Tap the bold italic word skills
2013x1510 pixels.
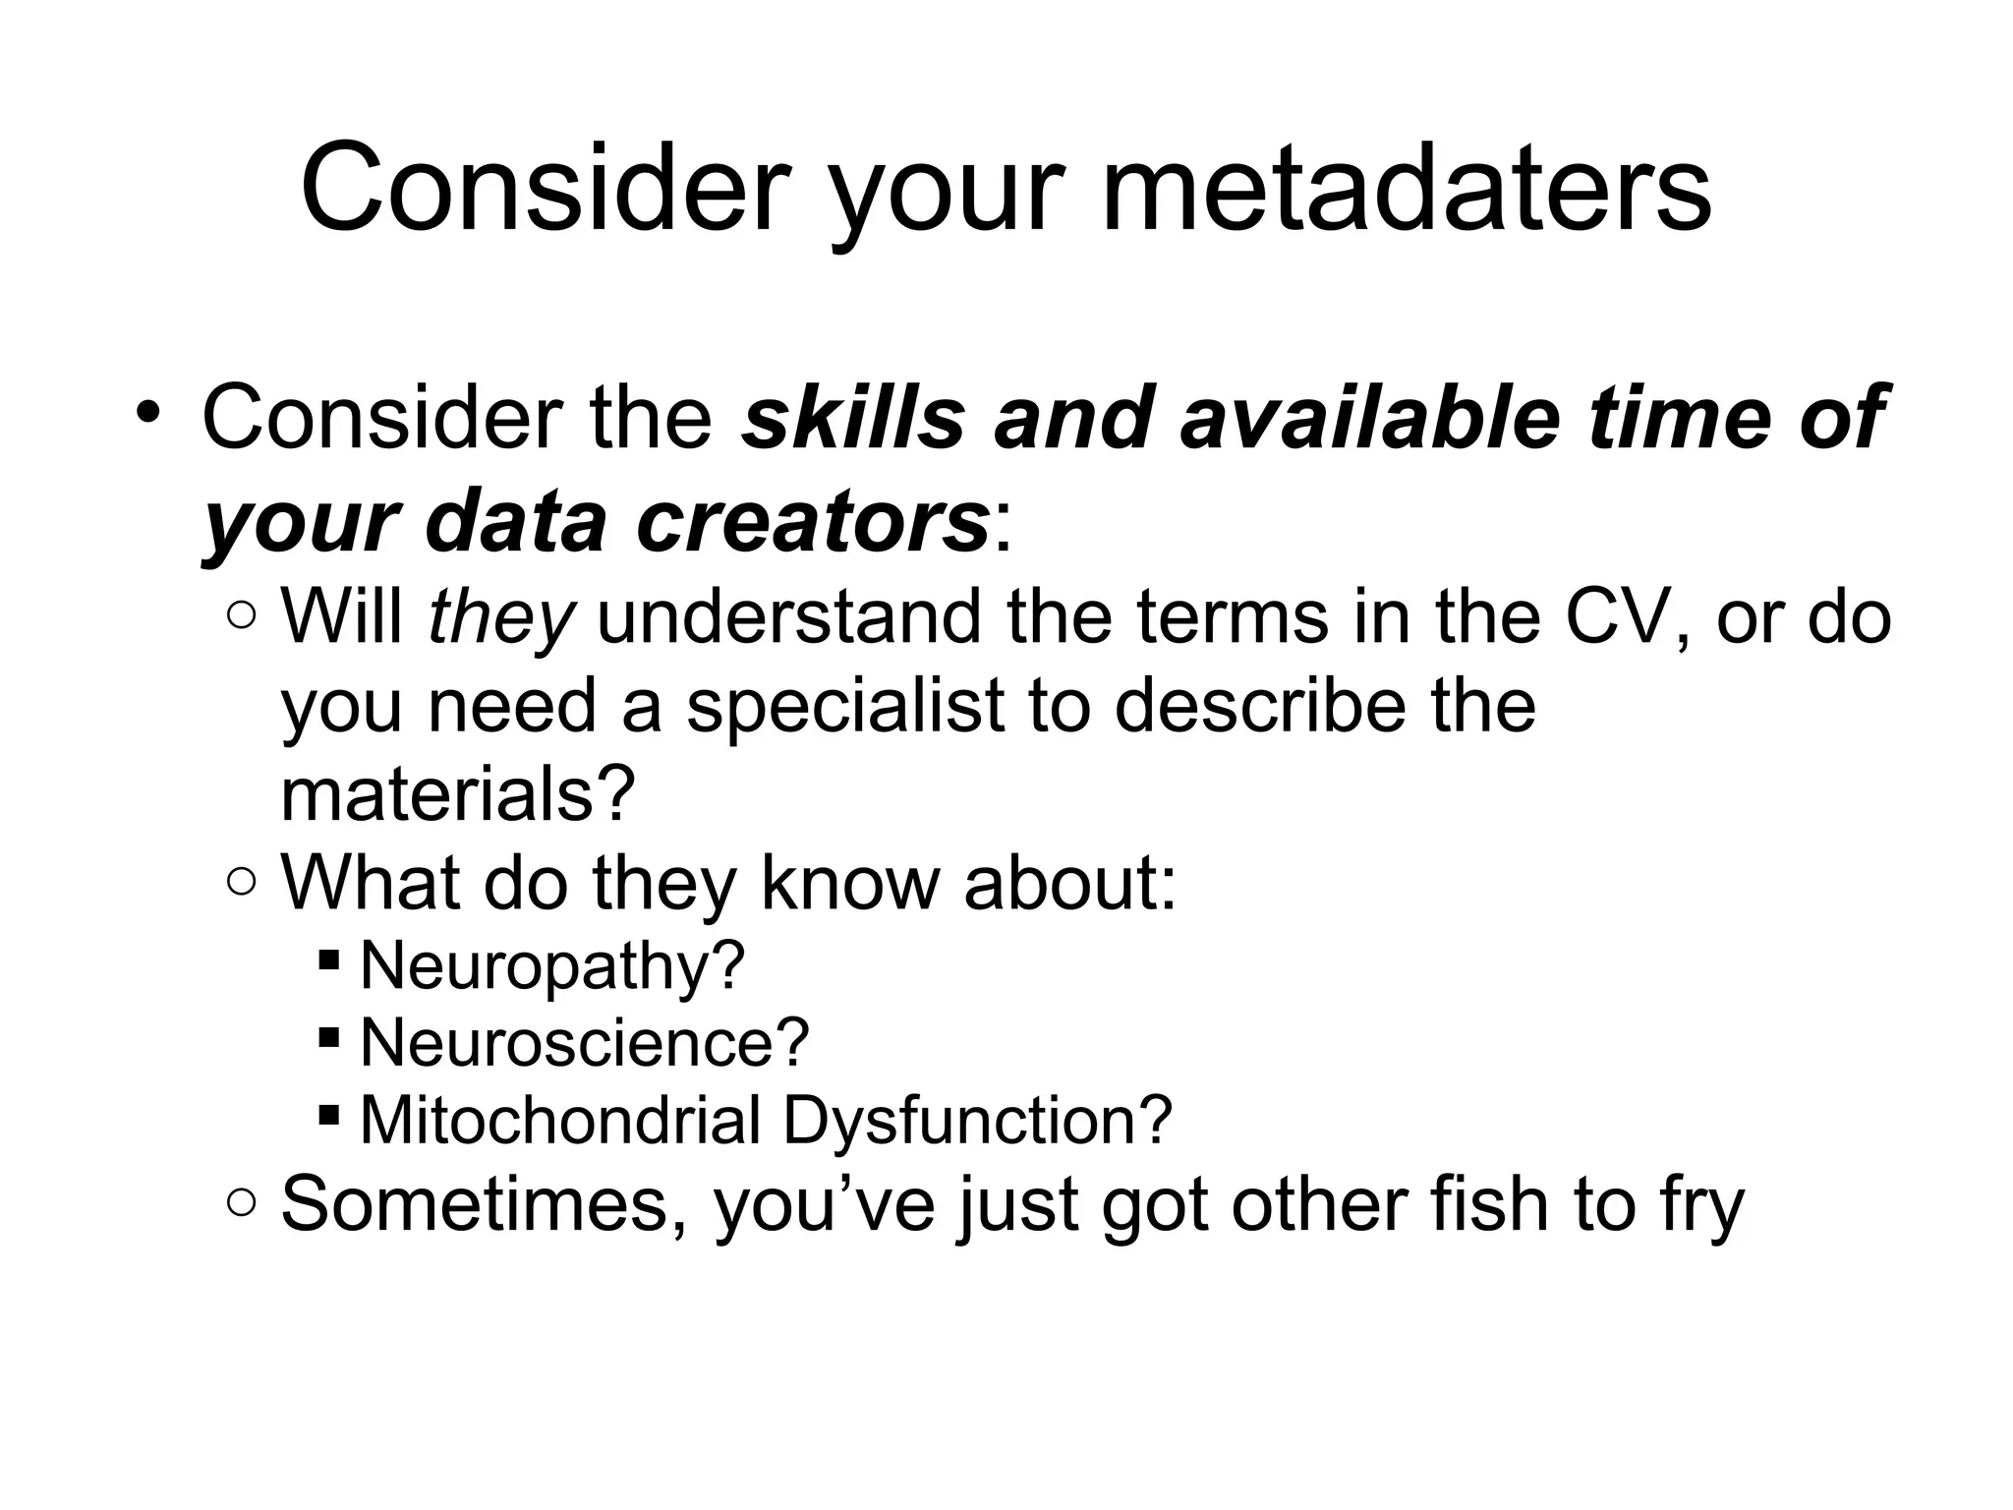852,418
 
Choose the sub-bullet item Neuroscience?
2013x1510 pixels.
585,1042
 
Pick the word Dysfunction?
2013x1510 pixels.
978,1119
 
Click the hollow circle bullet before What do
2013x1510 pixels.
241,882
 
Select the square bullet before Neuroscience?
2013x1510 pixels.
329,1035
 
